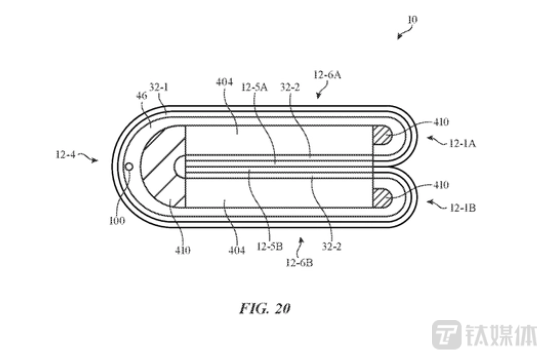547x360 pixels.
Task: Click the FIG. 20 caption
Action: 265,308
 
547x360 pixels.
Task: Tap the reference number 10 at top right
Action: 412,20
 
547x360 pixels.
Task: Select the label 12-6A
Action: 327,75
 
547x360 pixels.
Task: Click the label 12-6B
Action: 299,262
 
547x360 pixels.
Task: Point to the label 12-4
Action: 66,154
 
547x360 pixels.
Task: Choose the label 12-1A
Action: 463,143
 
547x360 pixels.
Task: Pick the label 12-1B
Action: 463,208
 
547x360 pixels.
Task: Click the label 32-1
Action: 159,87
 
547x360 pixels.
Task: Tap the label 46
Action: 141,95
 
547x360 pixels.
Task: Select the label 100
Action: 117,220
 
